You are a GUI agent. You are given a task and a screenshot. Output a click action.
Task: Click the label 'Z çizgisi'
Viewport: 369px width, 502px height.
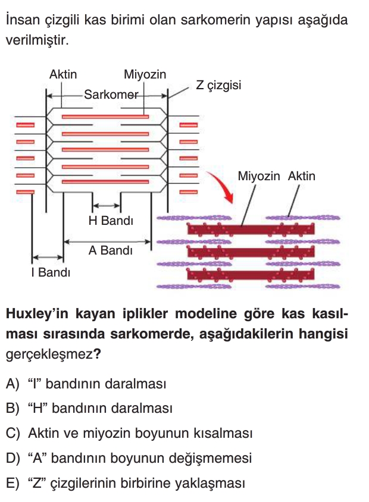pos(218,85)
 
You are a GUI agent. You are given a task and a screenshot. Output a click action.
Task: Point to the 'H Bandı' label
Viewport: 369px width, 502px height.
pos(111,221)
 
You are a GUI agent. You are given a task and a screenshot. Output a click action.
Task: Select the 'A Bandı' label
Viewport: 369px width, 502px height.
pos(110,251)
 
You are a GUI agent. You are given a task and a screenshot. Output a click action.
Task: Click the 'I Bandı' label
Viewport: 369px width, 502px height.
pos(51,273)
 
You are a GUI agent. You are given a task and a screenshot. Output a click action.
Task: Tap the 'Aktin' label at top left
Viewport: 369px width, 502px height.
pos(63,75)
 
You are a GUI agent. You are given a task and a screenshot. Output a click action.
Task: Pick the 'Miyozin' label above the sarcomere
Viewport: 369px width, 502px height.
pos(145,75)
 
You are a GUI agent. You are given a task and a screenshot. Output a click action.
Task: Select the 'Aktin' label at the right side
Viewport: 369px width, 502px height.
pos(301,177)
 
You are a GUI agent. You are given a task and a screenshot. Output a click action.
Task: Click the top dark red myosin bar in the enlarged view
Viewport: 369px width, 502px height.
pos(250,229)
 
